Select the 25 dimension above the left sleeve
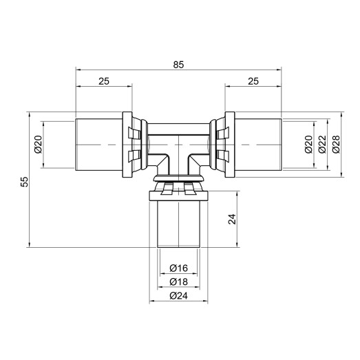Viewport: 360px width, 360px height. point(104,81)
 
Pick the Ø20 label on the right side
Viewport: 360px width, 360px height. point(307,144)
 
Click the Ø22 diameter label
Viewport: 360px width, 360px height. point(321,144)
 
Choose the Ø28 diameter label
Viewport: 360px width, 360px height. point(336,144)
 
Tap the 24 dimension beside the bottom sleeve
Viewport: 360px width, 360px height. point(231,220)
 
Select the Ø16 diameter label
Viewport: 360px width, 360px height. point(178,268)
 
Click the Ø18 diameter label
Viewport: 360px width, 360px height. point(178,282)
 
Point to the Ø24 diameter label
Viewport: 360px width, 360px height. point(178,297)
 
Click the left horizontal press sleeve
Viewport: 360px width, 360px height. point(100,144)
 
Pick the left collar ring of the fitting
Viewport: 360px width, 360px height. point(128,144)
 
